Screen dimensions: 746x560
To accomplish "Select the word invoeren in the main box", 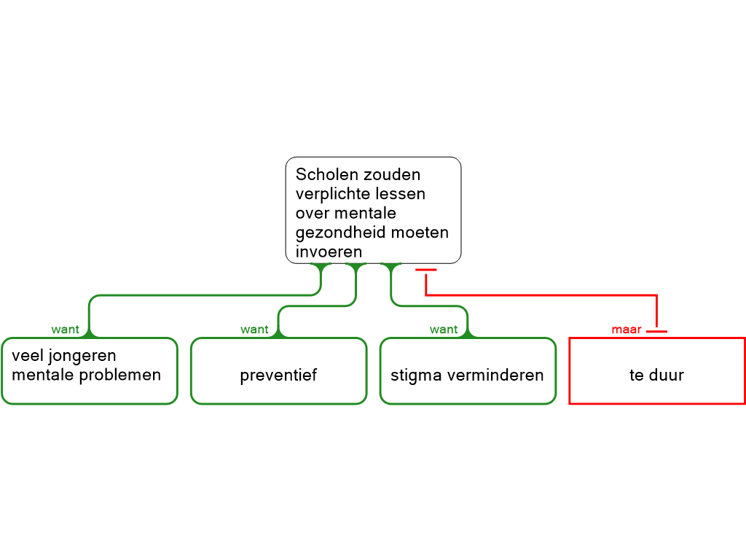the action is (329, 252).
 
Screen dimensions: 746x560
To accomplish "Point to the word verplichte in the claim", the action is (326, 194).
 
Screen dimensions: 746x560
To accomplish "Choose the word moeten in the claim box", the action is (413, 233).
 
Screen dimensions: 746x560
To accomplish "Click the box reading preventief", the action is (279, 371).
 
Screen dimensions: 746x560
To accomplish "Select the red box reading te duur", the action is (657, 371).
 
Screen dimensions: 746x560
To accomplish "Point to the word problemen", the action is (120, 376).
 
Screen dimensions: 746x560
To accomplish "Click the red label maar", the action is (627, 330).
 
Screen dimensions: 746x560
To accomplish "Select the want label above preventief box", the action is (254, 330).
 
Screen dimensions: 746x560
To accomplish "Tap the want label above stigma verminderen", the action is (444, 330).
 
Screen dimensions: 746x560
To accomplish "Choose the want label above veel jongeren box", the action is (65, 330).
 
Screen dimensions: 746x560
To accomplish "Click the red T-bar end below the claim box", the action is (425, 270).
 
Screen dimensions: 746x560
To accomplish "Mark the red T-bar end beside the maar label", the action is (657, 331).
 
